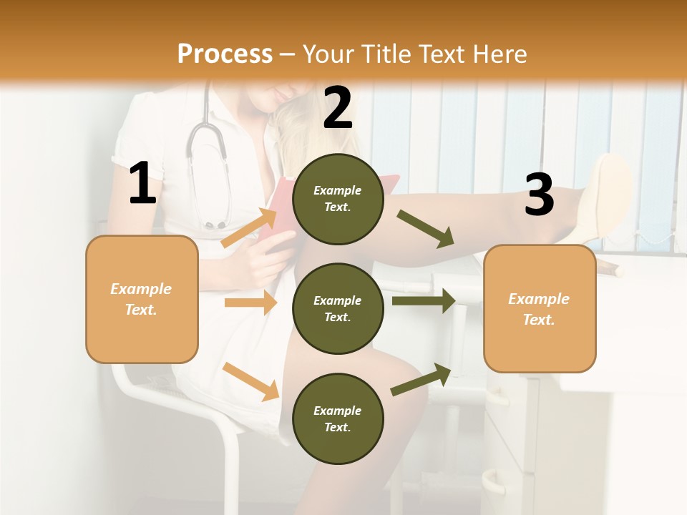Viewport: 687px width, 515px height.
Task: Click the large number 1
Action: tap(142, 184)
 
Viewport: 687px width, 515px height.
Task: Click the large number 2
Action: tap(338, 108)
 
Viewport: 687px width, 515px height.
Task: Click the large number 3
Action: tap(539, 194)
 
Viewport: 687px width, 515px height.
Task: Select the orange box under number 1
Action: tap(142, 299)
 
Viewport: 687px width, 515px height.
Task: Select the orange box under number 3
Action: tap(540, 309)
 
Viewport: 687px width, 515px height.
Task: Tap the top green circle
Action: tap(338, 199)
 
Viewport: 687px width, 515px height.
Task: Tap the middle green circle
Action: tap(338, 308)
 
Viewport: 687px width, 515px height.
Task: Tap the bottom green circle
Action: tap(338, 418)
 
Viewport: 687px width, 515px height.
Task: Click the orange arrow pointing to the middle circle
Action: tap(250, 303)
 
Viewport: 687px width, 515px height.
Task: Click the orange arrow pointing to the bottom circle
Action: tap(251, 381)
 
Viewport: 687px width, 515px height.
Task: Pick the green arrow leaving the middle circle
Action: tap(424, 300)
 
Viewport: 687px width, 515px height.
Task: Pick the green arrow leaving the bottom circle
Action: tap(422, 379)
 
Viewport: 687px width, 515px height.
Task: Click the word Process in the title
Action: tap(225, 54)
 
